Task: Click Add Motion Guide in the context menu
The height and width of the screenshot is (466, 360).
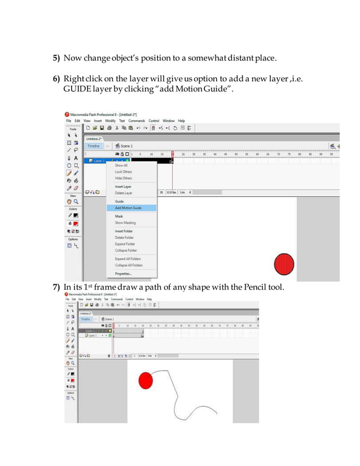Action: click(128, 208)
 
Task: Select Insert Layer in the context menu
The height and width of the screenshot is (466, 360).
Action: click(123, 186)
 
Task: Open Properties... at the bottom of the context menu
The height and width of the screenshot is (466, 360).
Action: click(123, 274)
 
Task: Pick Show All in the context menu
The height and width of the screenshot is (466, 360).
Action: click(121, 165)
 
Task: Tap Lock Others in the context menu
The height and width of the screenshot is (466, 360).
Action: click(124, 172)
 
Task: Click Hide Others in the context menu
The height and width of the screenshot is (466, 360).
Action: click(124, 178)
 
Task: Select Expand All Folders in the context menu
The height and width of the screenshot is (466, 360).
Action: click(129, 259)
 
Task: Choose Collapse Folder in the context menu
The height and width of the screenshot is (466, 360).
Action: click(126, 250)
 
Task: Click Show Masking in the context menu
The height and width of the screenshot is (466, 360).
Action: click(126, 223)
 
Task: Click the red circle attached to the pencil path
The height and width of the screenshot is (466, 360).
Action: click(146, 381)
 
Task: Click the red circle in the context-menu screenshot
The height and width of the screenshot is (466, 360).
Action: click(284, 265)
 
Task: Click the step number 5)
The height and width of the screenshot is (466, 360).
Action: click(57, 59)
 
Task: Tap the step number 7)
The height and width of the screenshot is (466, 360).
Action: click(57, 288)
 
